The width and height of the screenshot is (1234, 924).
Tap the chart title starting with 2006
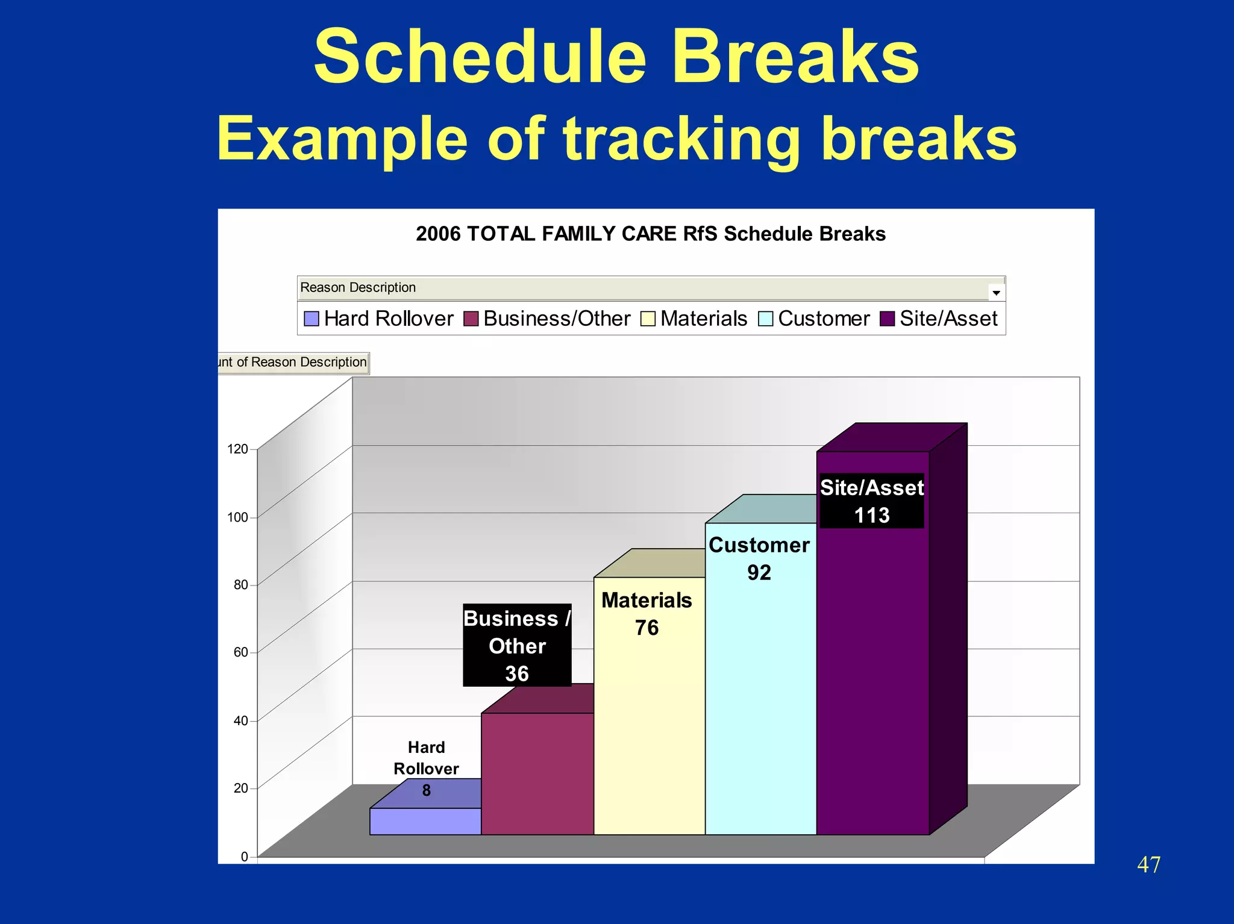[650, 234]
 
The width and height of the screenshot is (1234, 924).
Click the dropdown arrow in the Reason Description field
[996, 292]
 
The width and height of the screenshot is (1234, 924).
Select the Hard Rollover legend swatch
[312, 319]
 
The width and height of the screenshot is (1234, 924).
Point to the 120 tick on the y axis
[237, 449]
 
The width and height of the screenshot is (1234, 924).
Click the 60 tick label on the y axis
[240, 652]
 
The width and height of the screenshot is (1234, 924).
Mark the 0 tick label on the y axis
[244, 857]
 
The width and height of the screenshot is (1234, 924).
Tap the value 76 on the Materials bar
[647, 628]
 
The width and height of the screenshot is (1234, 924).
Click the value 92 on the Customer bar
[759, 572]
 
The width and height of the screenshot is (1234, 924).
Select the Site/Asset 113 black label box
[871, 501]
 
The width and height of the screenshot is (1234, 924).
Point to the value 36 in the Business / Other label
[516, 673]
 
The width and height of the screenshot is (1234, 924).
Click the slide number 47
[1148, 865]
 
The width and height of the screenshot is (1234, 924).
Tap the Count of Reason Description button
[293, 363]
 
